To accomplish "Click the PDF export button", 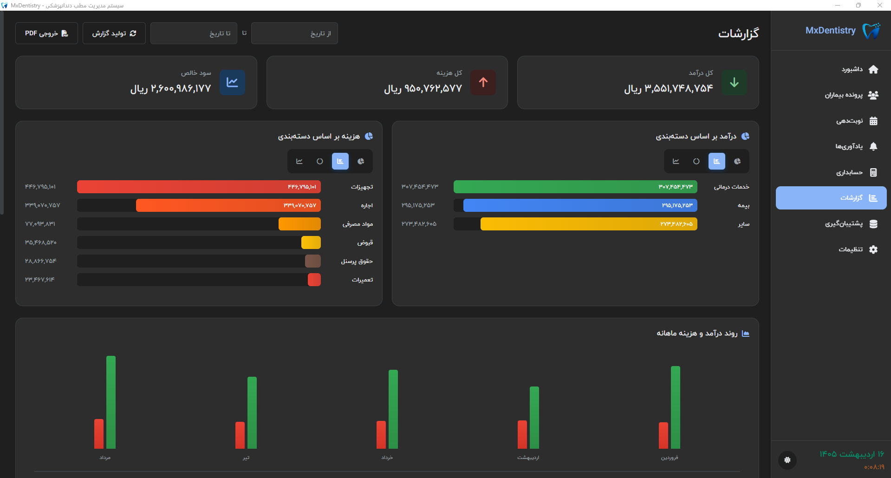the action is [x=46, y=33].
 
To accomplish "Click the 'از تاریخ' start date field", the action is [x=294, y=33].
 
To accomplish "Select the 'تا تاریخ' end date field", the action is [x=194, y=33].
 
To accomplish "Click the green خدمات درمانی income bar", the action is [x=575, y=187].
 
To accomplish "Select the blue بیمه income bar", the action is [x=580, y=205].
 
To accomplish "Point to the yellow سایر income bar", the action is [x=589, y=224].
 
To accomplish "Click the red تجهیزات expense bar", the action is [x=199, y=187].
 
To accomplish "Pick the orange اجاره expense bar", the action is [x=228, y=205].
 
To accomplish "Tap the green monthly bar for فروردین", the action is [x=676, y=407].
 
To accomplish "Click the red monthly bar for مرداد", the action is [x=99, y=434].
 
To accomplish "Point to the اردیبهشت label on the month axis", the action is [x=528, y=458].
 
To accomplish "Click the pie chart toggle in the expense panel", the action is [x=361, y=161].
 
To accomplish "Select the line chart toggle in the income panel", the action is [x=676, y=161].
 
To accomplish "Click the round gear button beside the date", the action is [x=787, y=460].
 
